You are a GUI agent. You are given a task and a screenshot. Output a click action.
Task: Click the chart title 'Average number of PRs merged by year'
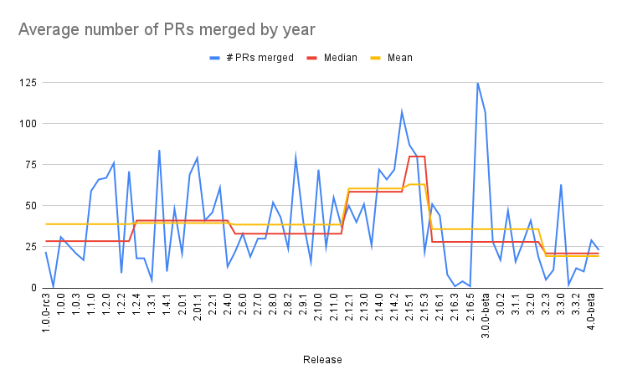click(x=167, y=30)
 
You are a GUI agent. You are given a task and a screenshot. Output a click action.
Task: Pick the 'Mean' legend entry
click(x=398, y=58)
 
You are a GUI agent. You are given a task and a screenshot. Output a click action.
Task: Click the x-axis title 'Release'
click(x=322, y=359)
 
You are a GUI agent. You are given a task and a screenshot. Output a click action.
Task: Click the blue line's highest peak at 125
click(x=478, y=83)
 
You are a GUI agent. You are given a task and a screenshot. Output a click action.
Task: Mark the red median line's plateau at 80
click(x=417, y=157)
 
